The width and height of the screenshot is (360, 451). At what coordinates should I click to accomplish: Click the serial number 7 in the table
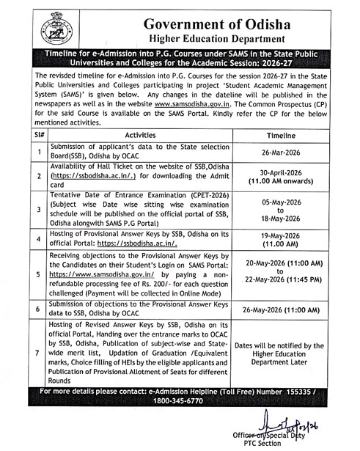[x=38, y=353]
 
